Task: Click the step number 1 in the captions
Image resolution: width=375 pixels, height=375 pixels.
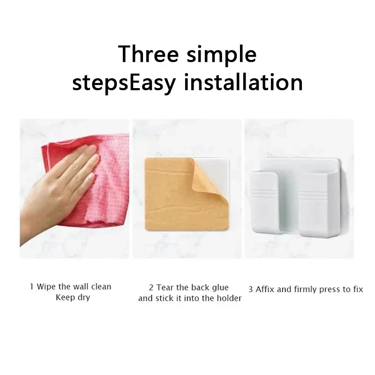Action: (x=32, y=286)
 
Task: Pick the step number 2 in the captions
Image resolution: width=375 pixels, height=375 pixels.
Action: (x=151, y=287)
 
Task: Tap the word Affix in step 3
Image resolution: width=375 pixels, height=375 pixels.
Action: (x=265, y=289)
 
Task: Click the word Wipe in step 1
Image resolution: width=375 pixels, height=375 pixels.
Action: (x=45, y=286)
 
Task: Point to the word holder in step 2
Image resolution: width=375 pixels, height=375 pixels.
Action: (x=230, y=299)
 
